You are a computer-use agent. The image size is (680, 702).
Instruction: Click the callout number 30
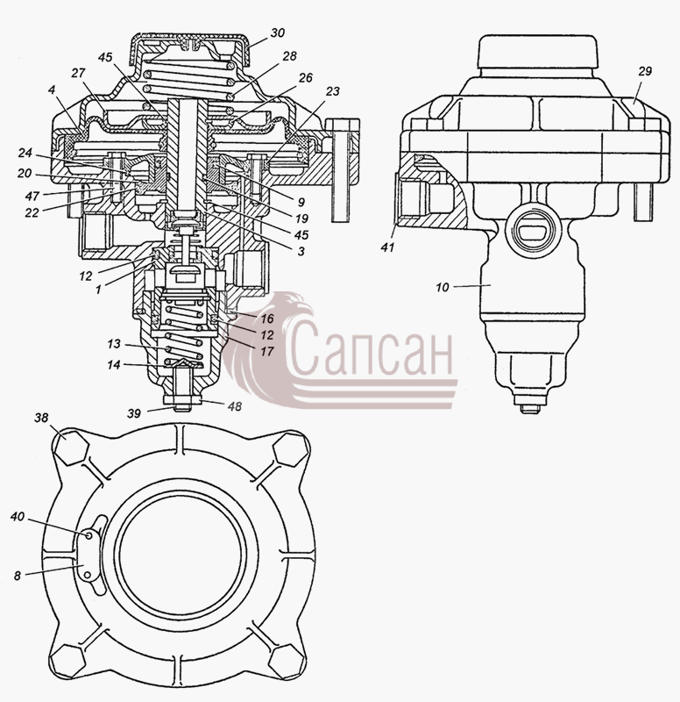pos(277,33)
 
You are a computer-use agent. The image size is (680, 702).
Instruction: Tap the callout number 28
pos(289,56)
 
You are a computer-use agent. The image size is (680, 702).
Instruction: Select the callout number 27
pos(77,73)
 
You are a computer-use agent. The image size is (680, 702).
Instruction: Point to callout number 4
pos(52,90)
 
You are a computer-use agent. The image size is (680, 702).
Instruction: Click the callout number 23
pos(332,91)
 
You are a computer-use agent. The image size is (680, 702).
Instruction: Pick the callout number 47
pos(32,196)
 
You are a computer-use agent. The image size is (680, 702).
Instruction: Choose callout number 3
pos(301,251)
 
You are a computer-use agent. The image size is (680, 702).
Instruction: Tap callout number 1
pos(98,290)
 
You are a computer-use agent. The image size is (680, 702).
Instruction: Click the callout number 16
pos(267,319)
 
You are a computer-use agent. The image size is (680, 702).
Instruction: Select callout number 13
pos(114,344)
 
